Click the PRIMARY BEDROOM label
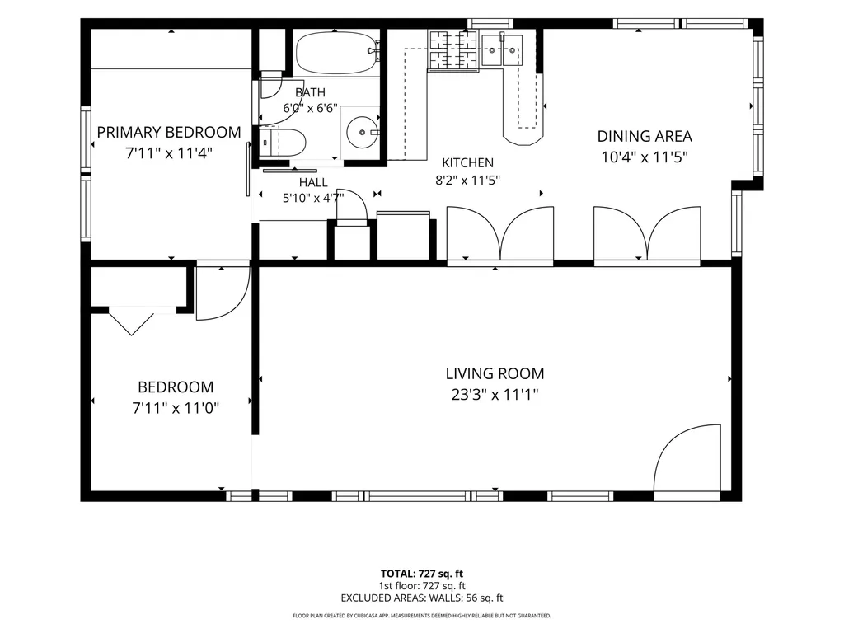click(169, 133)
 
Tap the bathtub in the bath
click(336, 53)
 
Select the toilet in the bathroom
click(283, 143)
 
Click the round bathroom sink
click(363, 132)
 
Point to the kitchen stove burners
click(452, 50)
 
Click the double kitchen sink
click(502, 50)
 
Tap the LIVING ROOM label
click(495, 373)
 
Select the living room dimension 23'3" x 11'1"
click(495, 395)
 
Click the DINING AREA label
click(645, 136)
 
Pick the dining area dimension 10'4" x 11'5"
click(645, 157)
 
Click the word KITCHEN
click(468, 162)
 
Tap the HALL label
click(313, 182)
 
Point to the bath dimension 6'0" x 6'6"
click(310, 108)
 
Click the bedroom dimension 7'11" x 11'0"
click(176, 408)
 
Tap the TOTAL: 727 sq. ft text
click(421, 574)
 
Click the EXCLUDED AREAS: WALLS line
click(421, 598)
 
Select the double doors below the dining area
click(647, 235)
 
